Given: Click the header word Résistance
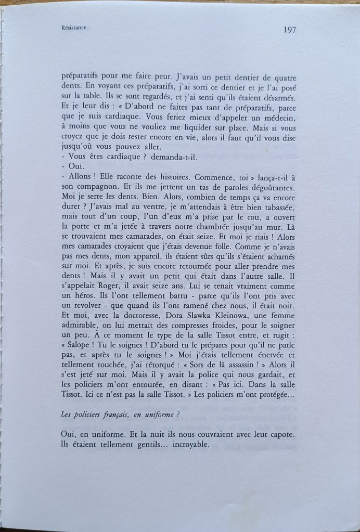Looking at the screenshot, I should pos(73,29).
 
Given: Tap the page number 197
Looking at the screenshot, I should pos(290,29).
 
